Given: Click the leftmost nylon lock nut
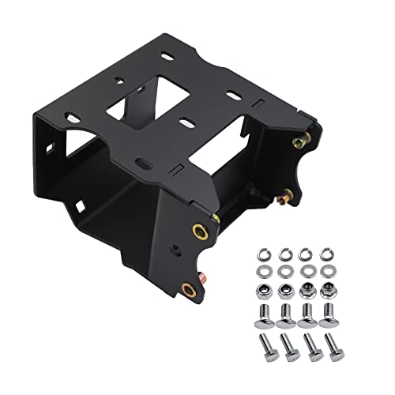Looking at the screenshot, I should coord(264,291).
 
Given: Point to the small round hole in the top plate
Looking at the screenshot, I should coord(119,81).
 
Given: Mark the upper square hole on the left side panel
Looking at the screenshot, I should coord(51,147).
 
